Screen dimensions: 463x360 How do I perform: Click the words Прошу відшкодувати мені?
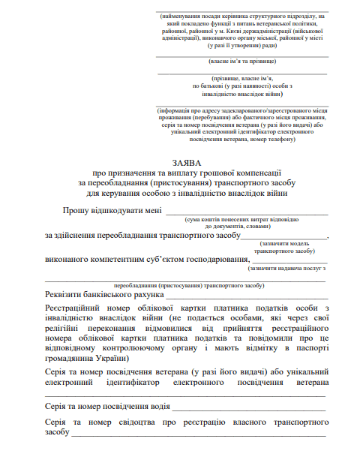(111, 211)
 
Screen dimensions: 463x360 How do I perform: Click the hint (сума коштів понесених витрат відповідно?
(241, 218)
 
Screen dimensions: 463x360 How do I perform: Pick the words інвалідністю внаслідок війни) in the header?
(242, 95)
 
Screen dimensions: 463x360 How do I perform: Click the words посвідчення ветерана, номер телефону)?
(242, 139)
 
